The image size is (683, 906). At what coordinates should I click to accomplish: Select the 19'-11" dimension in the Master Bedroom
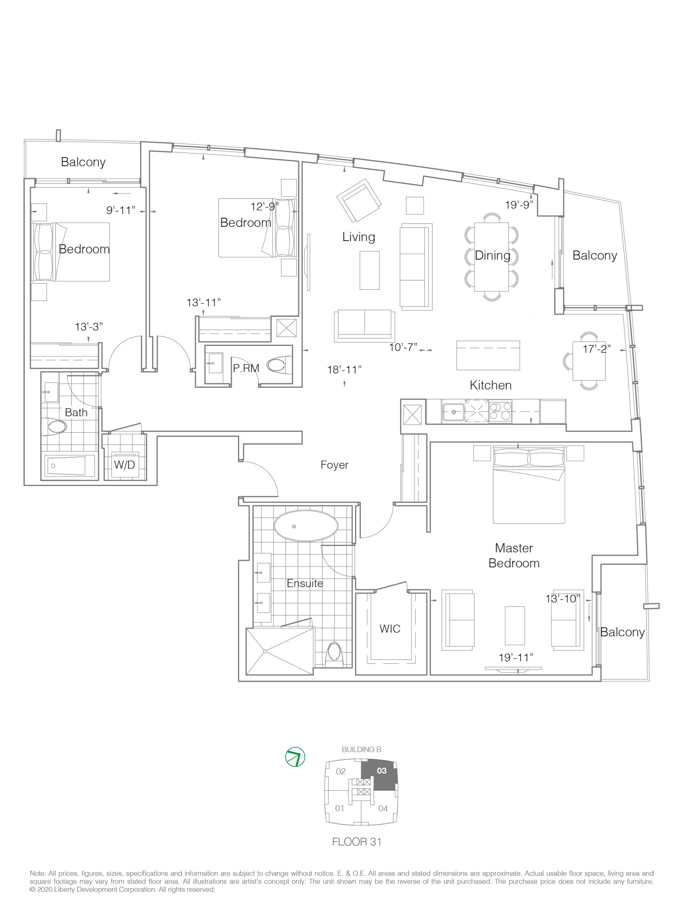point(516,658)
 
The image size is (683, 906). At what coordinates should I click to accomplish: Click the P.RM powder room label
point(246,368)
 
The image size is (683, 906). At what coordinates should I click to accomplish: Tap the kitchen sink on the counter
point(453,412)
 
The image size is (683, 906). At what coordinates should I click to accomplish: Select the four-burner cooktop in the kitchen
point(500,411)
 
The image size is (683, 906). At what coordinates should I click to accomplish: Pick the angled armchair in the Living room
point(359,200)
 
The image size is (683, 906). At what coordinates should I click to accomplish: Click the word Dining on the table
point(493,255)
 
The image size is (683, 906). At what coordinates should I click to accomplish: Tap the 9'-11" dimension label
point(120,211)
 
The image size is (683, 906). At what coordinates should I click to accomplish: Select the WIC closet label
point(389,629)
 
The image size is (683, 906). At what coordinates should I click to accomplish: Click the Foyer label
point(334,465)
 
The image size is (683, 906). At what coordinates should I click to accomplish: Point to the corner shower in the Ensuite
point(279,652)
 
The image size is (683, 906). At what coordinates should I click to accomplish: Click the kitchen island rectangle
point(488,355)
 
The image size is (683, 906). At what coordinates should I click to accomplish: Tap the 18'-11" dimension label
point(344,370)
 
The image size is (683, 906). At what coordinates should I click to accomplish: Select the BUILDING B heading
point(362,750)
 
